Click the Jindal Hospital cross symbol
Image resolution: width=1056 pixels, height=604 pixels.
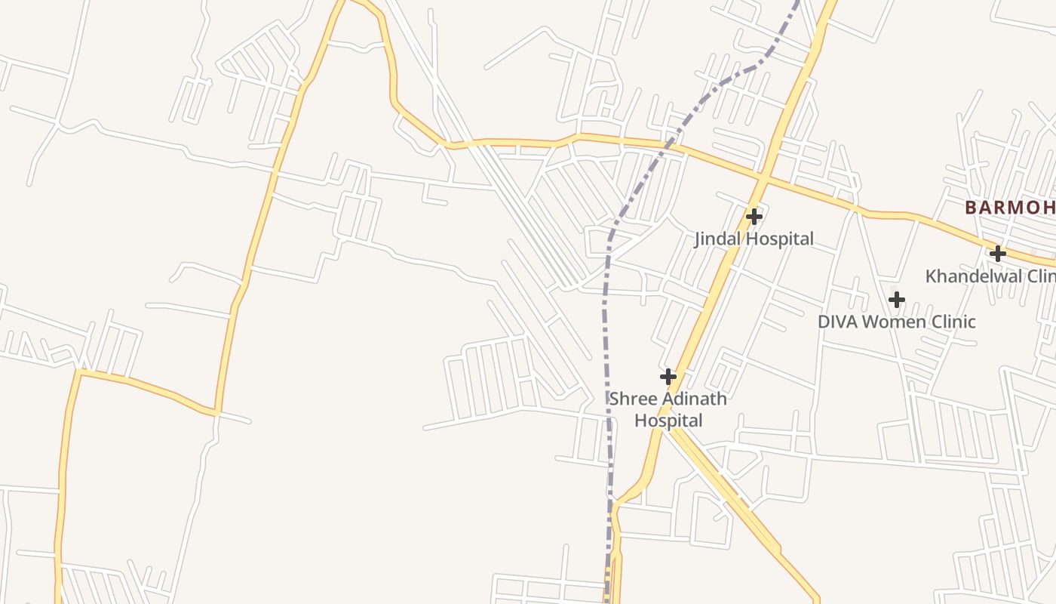coord(754,217)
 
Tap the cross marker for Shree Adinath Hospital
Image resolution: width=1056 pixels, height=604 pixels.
coord(668,376)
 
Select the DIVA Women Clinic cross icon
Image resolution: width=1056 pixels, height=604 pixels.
coord(896,300)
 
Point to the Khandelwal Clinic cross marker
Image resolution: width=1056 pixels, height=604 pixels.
coord(997,254)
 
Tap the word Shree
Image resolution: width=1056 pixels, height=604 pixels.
coord(631,399)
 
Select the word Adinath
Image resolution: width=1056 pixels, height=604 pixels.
coord(692,399)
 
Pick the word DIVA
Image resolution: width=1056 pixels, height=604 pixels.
coord(837,322)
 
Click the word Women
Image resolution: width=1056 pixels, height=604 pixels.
coord(897,322)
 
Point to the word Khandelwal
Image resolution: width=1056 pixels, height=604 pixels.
coord(973,276)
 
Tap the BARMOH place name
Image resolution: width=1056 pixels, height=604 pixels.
coord(1009,207)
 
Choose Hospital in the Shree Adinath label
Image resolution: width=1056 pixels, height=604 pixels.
coord(668,421)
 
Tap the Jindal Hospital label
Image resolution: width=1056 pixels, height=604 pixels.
coord(754,239)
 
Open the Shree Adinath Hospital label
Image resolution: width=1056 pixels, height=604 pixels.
coord(668,409)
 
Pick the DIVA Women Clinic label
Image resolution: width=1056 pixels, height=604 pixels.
coord(897,322)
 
